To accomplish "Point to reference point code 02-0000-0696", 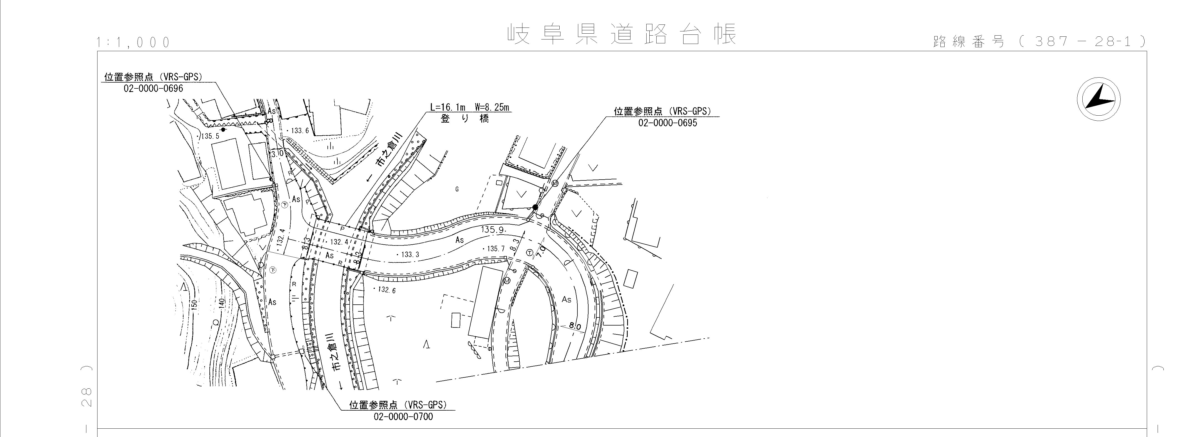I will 153,88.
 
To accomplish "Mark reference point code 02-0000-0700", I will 403,417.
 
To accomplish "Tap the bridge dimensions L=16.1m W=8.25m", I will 470,107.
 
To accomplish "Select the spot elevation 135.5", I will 211,136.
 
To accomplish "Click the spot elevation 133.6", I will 299,131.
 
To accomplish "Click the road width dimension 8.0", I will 575,327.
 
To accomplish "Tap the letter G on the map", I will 457,189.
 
